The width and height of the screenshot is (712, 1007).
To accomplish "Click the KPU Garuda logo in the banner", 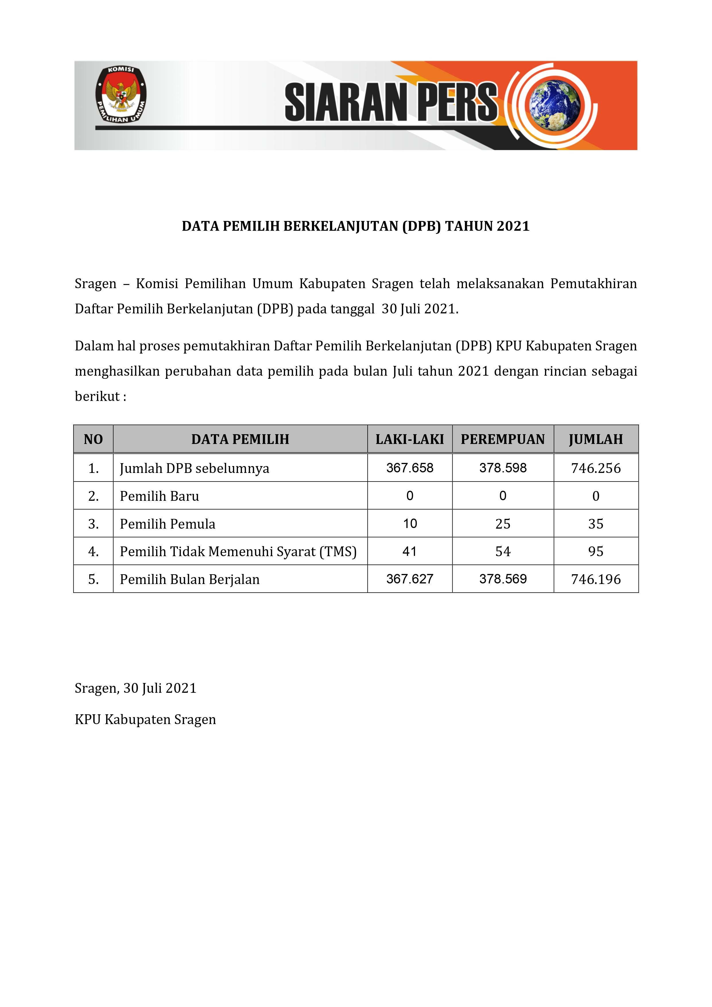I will click(121, 95).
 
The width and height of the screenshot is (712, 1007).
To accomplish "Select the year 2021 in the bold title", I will click(513, 226).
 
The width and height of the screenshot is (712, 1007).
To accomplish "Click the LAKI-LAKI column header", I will click(410, 439).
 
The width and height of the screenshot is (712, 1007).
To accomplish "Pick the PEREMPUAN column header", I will click(503, 439).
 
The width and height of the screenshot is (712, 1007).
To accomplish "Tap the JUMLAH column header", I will click(596, 439).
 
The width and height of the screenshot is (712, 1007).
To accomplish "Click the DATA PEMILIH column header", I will click(240, 439).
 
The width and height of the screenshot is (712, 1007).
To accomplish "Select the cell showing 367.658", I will click(410, 468).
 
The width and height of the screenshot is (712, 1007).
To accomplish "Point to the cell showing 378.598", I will click(503, 468).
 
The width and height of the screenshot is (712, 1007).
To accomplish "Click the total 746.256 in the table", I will click(596, 468).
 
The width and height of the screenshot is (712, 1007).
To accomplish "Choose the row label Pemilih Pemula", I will click(168, 524).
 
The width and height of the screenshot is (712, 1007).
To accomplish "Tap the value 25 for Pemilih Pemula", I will click(503, 524).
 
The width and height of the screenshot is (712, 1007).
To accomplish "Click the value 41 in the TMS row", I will click(410, 551).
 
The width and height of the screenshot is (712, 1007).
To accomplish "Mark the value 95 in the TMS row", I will click(596, 551).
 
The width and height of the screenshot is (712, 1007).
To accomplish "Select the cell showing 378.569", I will click(503, 579).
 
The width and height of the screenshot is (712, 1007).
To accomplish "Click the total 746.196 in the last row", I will click(596, 579).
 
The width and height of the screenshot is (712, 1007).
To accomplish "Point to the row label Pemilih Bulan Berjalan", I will click(189, 579).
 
